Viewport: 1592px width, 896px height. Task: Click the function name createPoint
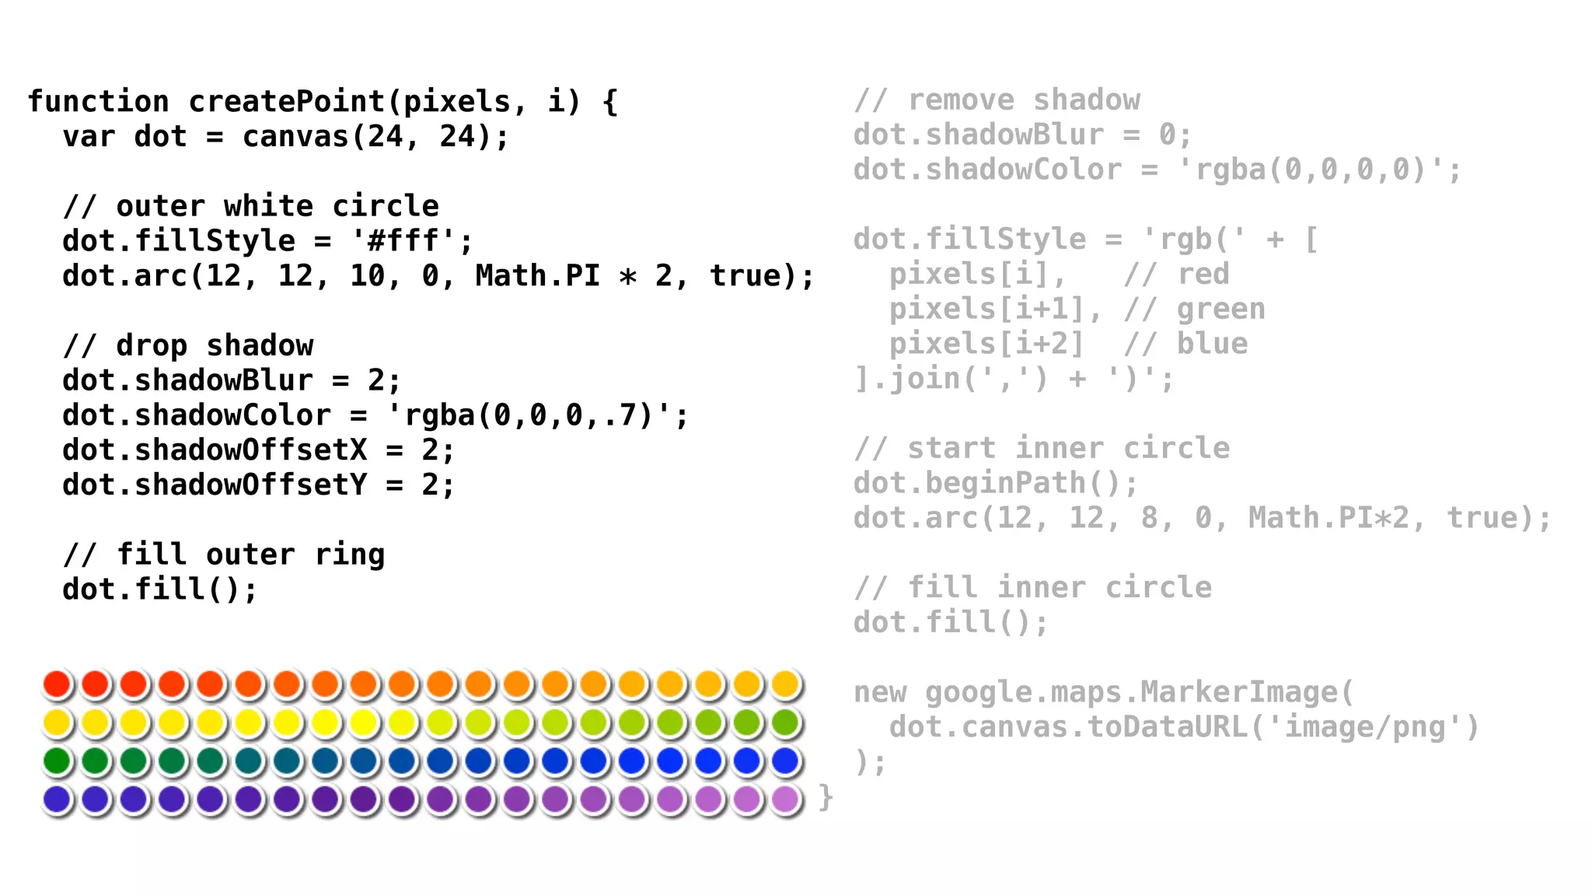coord(287,102)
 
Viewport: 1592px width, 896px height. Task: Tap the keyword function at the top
coord(98,102)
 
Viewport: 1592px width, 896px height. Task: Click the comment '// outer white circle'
coord(250,206)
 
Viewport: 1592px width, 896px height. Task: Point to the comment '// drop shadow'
coord(188,345)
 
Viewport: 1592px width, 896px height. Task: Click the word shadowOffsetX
coord(250,450)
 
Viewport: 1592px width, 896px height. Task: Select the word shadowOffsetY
coord(250,485)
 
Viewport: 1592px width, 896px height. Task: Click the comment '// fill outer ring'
coord(224,555)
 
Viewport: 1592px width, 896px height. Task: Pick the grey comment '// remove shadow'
coord(997,100)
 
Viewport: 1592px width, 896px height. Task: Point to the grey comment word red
coord(1203,275)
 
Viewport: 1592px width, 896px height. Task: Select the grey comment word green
coord(1220,310)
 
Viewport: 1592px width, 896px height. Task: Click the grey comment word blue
coord(1212,344)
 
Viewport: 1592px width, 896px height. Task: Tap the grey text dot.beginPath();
coord(995,483)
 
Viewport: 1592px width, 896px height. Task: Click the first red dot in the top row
coord(57,684)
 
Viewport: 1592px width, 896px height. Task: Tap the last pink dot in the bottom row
coord(785,799)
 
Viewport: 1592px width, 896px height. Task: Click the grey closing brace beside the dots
coord(826,797)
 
